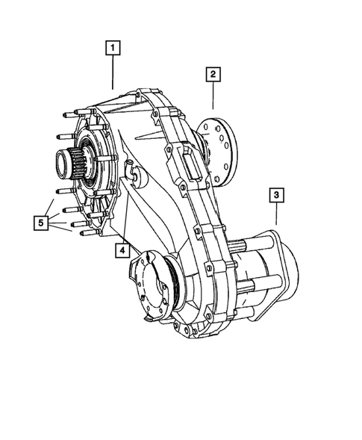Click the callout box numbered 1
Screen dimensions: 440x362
click(x=113, y=49)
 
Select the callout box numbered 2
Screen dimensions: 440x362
click(x=213, y=74)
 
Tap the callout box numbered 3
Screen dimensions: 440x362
click(x=276, y=196)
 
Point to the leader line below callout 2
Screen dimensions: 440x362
click(x=213, y=96)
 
